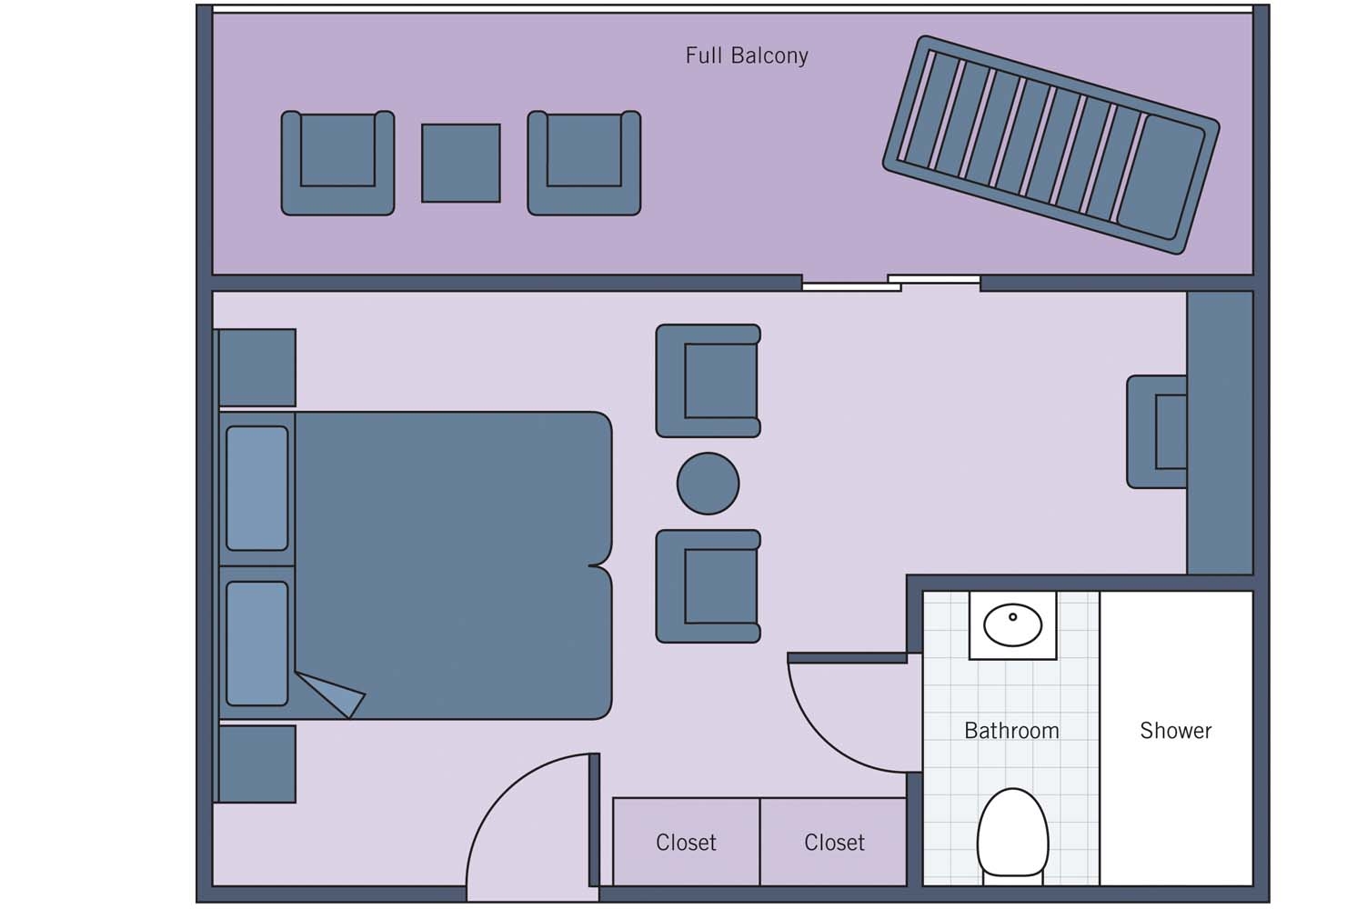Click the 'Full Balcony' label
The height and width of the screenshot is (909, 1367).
click(746, 55)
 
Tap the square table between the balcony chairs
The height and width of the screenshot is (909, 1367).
click(461, 164)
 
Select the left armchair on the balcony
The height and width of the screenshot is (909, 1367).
click(337, 164)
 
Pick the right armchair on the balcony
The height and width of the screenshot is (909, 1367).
click(584, 164)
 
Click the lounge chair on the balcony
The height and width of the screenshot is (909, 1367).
click(1050, 145)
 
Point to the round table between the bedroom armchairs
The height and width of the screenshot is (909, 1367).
click(708, 484)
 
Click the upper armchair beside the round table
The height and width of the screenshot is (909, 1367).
click(709, 381)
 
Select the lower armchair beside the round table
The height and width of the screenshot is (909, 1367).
click(709, 586)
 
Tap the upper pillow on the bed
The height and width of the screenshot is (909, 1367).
click(257, 489)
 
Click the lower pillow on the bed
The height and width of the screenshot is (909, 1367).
click(257, 644)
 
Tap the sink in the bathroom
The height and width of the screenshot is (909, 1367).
click(1012, 625)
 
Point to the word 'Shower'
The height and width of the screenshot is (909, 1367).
click(1175, 731)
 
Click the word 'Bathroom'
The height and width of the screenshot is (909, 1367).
click(1011, 731)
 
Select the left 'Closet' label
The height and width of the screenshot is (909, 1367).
click(686, 843)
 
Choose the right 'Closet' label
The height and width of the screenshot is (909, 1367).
click(834, 843)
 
